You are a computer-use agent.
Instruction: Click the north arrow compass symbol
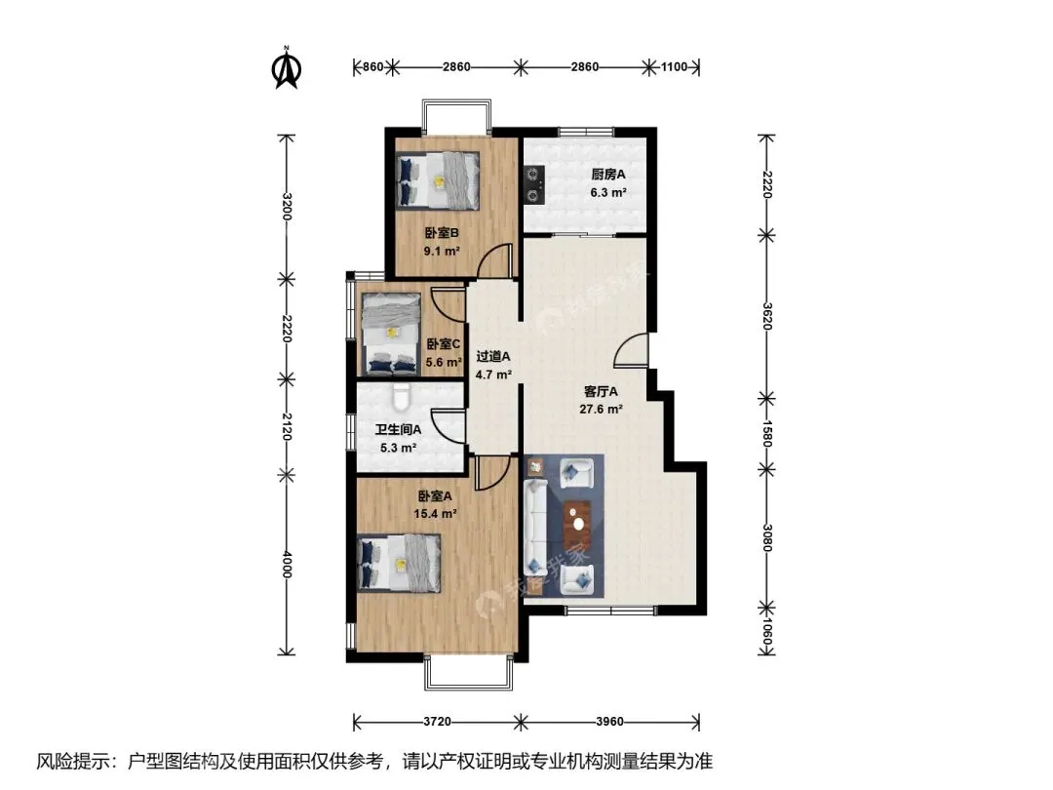tap(287, 67)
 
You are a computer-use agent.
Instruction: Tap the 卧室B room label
tap(442, 233)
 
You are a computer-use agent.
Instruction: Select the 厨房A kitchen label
tap(607, 175)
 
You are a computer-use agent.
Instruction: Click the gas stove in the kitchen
tap(534, 184)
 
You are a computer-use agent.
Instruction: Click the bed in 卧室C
tap(392, 334)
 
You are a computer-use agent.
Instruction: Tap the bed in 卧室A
tap(399, 563)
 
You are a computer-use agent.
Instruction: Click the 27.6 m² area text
tap(601, 409)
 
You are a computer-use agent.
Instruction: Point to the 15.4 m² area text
tap(435, 514)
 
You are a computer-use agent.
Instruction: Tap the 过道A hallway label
tap(493, 357)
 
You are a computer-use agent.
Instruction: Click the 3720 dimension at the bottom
tap(437, 722)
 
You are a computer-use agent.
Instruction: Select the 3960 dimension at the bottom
tap(609, 722)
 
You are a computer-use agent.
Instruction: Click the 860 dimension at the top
tap(372, 66)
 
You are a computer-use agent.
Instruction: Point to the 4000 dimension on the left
tap(287, 565)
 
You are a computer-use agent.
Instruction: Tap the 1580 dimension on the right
tap(767, 433)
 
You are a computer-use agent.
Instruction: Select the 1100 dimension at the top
tap(675, 66)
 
